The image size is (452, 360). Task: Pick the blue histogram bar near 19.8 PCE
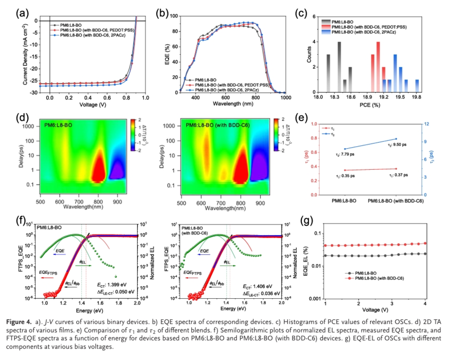point(417,86)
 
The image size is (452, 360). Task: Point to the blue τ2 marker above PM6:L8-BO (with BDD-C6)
point(396,139)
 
